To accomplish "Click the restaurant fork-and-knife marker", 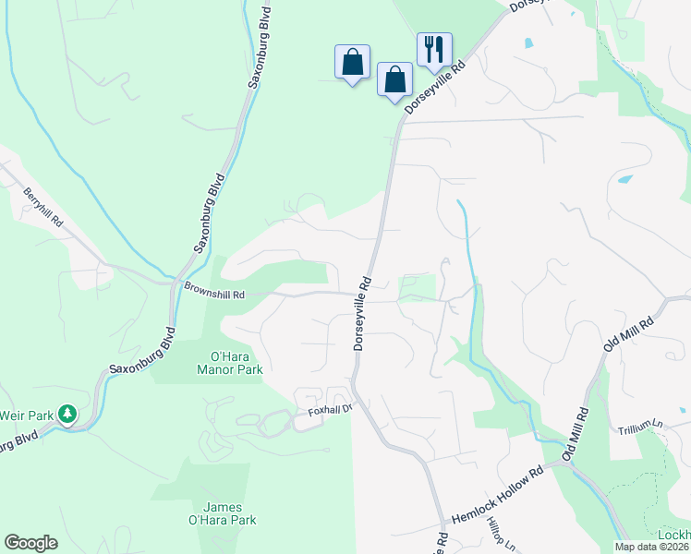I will click(x=434, y=49).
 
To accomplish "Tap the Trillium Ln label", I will click(x=645, y=428).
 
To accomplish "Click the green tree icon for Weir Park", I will click(x=67, y=414).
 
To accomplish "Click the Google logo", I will click(x=30, y=543).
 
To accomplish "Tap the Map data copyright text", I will click(x=651, y=547).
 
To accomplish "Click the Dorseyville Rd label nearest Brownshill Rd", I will click(x=361, y=314).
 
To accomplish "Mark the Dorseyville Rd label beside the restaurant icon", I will click(x=433, y=89).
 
